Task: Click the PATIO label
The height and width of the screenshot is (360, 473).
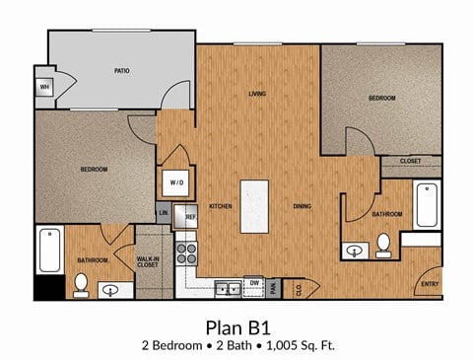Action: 122,71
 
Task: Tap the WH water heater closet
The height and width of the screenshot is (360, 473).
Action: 44,87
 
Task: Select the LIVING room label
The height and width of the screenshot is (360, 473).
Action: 257,95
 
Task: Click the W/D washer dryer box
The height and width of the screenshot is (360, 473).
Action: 177,182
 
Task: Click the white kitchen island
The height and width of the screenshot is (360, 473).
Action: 254,205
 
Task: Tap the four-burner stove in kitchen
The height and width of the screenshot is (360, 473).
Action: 187,253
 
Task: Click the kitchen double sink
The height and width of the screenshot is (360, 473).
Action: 227,288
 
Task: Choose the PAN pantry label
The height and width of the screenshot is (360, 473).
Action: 275,287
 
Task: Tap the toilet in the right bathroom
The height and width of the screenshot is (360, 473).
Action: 383,244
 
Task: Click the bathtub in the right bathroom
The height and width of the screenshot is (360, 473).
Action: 427,205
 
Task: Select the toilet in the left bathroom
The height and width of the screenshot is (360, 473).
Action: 81,285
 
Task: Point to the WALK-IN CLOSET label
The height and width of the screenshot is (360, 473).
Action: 150,262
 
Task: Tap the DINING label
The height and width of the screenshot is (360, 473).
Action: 304,206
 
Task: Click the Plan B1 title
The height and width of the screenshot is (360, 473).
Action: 236,325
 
